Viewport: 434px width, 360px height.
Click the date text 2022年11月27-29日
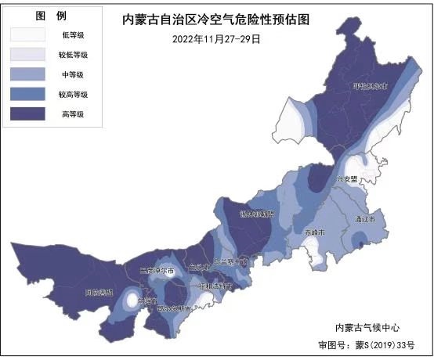pyautogui.click(x=216, y=38)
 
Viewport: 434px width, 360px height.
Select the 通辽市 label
pyautogui.click(x=365, y=219)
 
